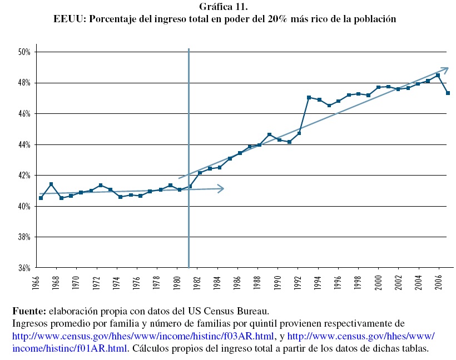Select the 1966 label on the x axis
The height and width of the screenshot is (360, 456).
[36, 283]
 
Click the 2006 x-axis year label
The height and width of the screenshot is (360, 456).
[439, 283]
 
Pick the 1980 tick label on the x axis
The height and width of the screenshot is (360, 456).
[177, 283]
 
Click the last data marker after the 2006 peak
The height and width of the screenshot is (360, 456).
[448, 93]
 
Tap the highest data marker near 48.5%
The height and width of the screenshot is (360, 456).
[438, 76]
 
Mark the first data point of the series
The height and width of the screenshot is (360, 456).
[41, 198]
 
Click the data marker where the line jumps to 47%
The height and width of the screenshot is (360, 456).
[309, 98]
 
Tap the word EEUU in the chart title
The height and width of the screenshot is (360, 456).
[67, 18]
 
